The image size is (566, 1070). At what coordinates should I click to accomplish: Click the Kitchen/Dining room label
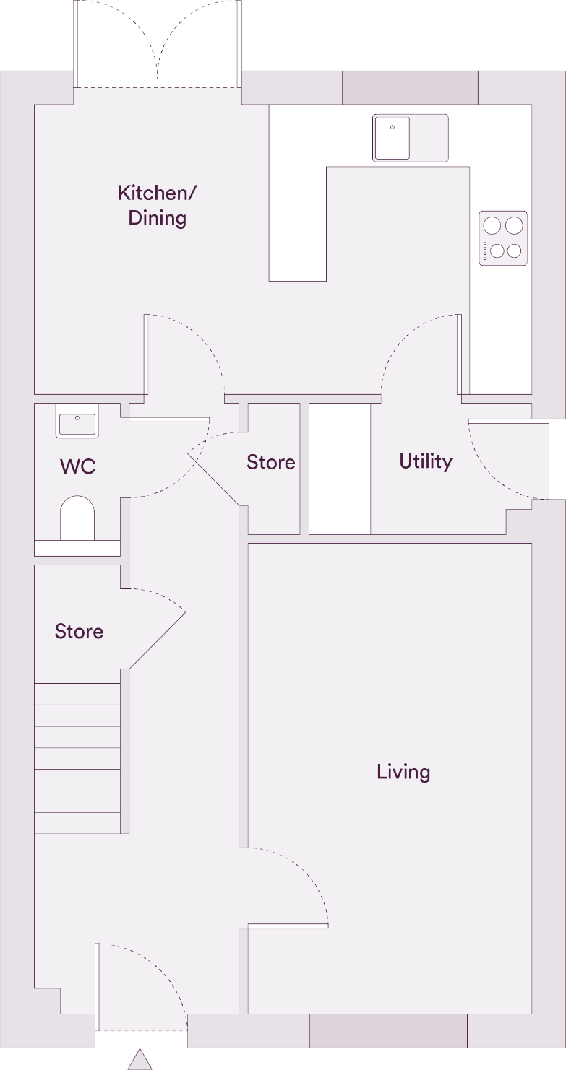[x=158, y=206]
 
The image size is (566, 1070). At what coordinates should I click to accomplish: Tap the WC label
[x=77, y=466]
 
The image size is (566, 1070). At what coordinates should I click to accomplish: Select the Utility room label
[x=426, y=461]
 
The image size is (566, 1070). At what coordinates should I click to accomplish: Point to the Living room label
[x=403, y=772]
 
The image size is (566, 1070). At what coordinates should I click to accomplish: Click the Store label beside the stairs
[x=79, y=632]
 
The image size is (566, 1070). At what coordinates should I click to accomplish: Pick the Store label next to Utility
[x=271, y=462]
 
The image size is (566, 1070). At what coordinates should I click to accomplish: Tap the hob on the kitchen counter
[x=503, y=238]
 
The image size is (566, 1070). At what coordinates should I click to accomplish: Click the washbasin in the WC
[x=77, y=424]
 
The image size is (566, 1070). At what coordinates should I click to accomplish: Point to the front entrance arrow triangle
[x=140, y=1058]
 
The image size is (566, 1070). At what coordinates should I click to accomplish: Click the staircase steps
[x=77, y=758]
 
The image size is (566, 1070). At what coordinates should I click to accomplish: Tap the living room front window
[x=388, y=1031]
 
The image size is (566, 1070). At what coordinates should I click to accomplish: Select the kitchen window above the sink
[x=410, y=87]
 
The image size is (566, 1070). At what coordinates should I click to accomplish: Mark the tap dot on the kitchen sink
[x=393, y=127]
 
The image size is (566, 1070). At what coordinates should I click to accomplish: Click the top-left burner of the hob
[x=492, y=225]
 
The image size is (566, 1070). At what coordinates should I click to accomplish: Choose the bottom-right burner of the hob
[x=514, y=251]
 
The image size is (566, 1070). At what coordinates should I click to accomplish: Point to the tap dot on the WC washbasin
[x=77, y=417]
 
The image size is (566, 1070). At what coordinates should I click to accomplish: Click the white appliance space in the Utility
[x=340, y=469]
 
